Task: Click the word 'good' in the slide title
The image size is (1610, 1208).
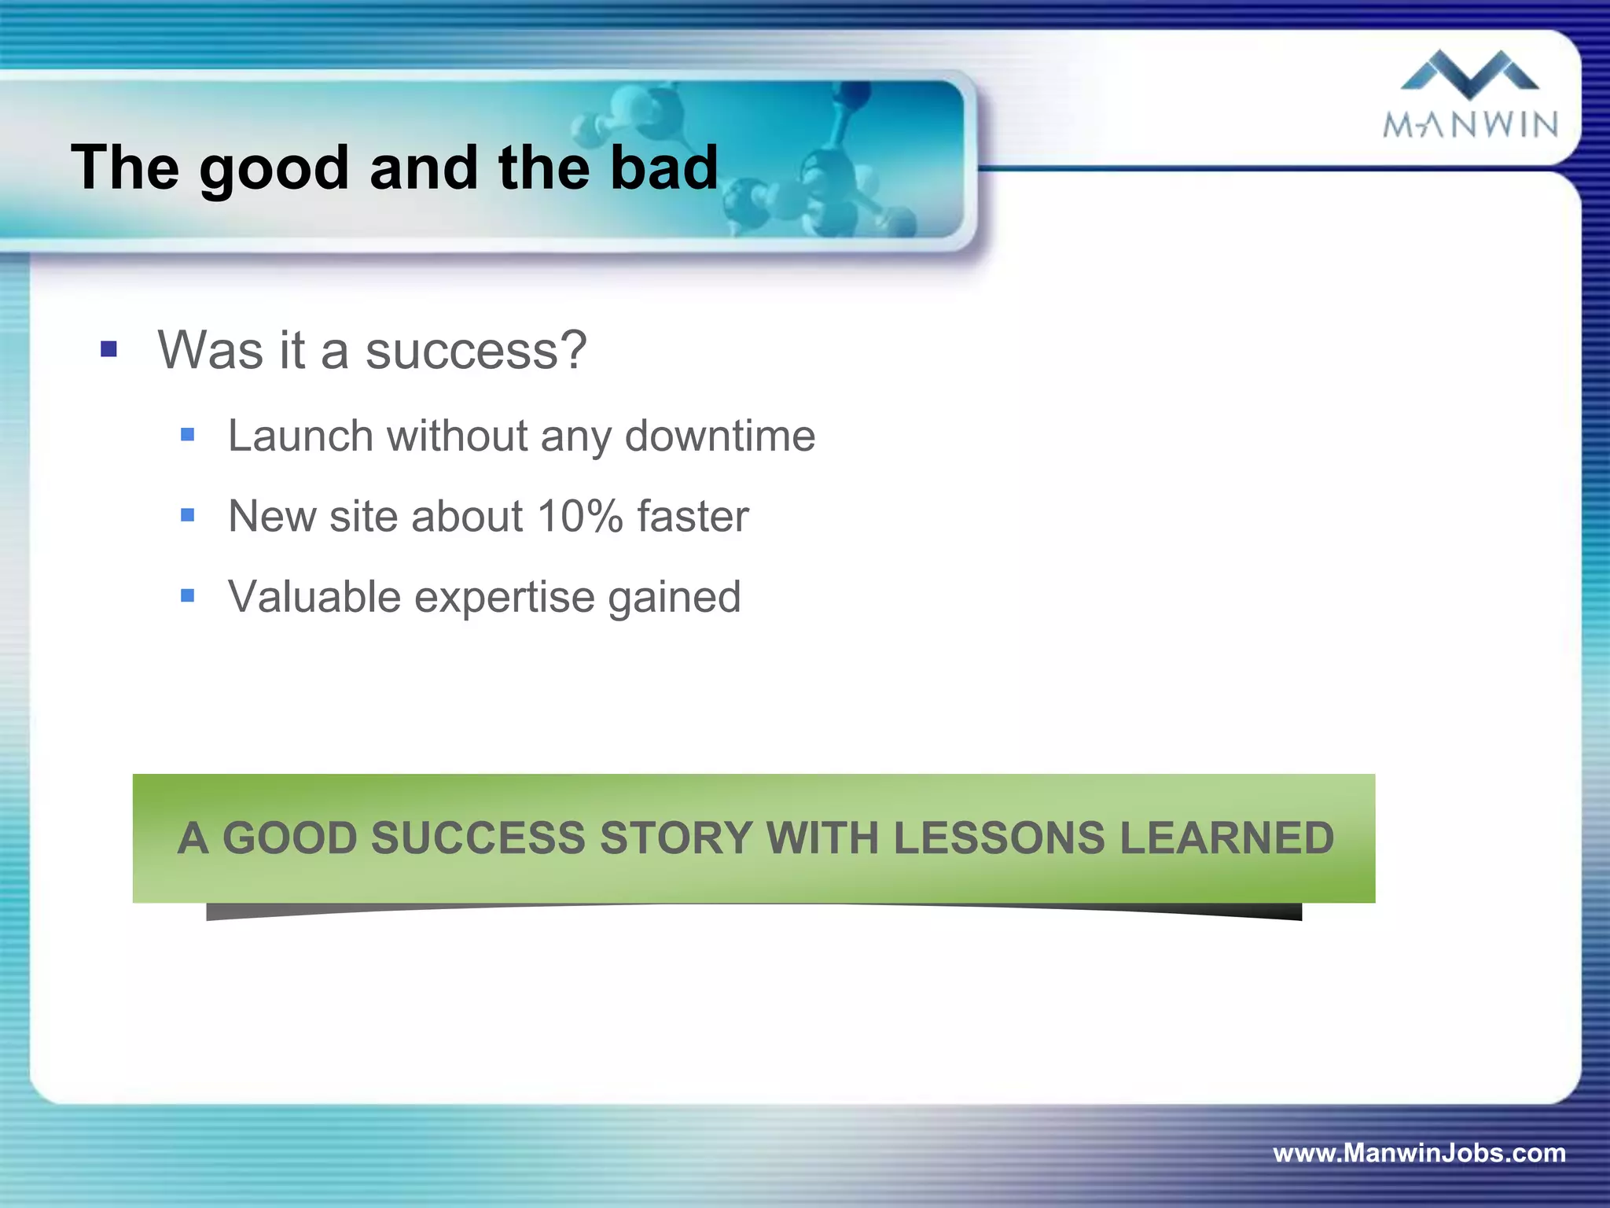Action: (274, 169)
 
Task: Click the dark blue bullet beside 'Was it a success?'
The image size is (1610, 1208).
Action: (109, 349)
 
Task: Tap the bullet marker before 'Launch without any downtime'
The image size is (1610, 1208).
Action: (187, 435)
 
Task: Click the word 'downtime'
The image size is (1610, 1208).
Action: (719, 436)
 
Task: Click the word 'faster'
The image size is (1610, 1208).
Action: (693, 517)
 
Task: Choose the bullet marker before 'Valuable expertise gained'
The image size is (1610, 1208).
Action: (187, 595)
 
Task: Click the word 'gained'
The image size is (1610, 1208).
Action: (674, 598)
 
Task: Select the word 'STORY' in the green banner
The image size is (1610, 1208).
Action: (676, 838)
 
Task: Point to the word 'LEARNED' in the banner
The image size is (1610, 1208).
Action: (1226, 838)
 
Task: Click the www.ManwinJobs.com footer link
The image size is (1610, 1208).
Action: (1419, 1153)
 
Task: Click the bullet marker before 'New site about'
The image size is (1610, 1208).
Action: (187, 515)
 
